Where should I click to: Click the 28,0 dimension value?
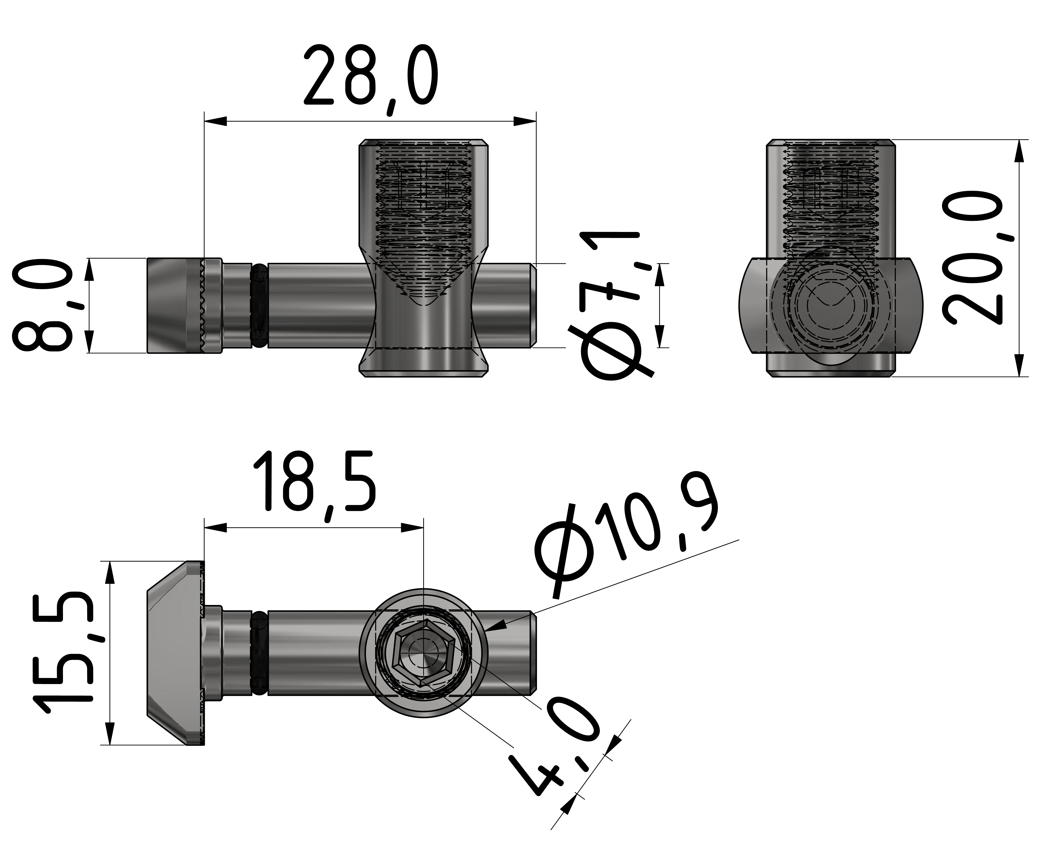coord(370,76)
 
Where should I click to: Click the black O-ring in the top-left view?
coord(260,305)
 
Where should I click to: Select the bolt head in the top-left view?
coord(175,305)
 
